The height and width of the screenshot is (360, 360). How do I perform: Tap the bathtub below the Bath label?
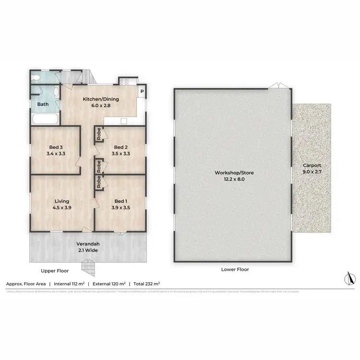coord(45,119)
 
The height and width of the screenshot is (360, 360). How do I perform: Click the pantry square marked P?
coord(142,92)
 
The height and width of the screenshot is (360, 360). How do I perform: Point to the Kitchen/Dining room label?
coord(101,99)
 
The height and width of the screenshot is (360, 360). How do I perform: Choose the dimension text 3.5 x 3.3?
coord(120,154)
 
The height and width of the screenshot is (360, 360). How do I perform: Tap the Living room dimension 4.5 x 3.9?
coord(61,208)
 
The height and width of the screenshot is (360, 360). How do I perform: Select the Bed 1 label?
coord(120,201)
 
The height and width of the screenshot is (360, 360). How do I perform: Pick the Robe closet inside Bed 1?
coord(98,183)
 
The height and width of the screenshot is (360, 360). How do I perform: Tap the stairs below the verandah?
coord(88,265)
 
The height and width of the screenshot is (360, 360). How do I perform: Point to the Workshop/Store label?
coord(235,172)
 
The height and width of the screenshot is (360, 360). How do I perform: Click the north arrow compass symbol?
coord(349,278)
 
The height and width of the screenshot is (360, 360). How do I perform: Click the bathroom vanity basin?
coord(56,92)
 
